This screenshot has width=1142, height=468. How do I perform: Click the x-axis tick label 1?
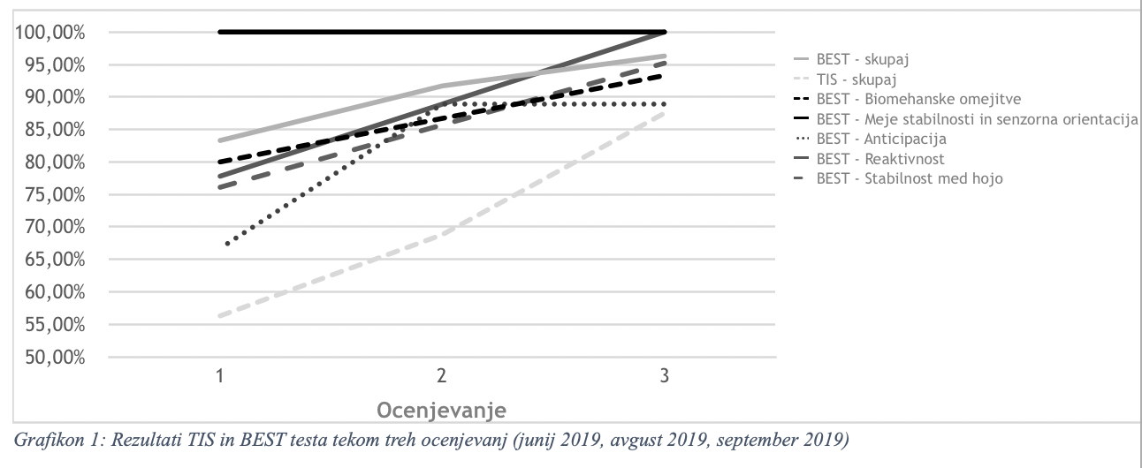pos(219,376)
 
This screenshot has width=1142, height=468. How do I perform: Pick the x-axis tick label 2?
pos(442,376)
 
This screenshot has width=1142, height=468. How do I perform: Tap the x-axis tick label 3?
pos(665,376)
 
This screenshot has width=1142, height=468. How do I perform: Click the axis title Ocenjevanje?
pos(441,411)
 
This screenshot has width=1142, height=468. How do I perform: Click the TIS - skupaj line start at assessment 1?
pos(219,315)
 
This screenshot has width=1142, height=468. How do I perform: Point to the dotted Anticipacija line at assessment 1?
pos(228,244)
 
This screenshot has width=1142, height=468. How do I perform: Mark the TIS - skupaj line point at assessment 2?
pos(442,234)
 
